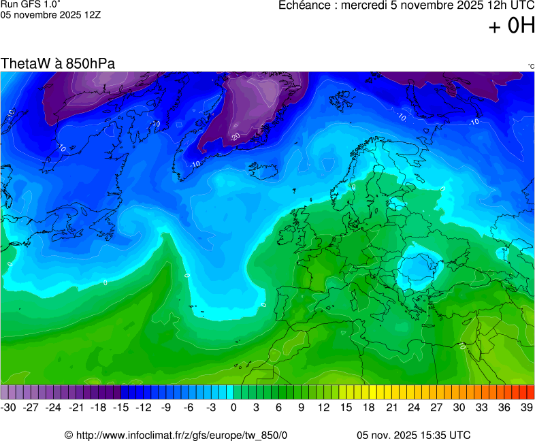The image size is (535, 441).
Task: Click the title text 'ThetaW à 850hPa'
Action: (x=58, y=63)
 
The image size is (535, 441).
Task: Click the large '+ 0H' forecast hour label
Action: (x=512, y=27)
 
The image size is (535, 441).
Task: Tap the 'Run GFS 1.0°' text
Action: (x=31, y=4)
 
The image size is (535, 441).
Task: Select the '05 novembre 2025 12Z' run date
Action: (x=50, y=14)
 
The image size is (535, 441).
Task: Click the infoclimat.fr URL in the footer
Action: (x=176, y=435)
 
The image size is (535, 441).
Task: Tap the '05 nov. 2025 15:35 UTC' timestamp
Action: (x=413, y=435)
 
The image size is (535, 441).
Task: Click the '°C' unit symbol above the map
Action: (x=530, y=66)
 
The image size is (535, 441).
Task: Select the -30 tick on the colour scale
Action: (x=9, y=407)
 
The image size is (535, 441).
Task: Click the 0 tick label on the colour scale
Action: (x=233, y=407)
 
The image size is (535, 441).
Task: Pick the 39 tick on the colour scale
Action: (x=526, y=407)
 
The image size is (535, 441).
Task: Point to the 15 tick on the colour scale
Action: (x=346, y=407)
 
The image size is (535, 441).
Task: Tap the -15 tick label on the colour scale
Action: (x=121, y=407)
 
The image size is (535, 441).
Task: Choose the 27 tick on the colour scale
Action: (x=436, y=407)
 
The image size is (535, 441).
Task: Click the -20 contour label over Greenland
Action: (x=236, y=136)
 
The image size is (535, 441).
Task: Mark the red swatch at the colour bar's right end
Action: (x=530, y=392)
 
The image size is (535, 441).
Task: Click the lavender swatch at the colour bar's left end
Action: (x=5, y=392)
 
